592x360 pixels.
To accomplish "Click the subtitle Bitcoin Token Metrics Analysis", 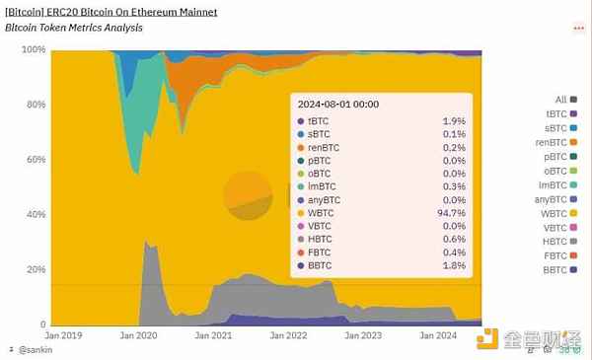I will click(x=74, y=28).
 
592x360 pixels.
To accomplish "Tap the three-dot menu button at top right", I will click(x=579, y=29).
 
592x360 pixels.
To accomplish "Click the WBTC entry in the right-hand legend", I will click(x=555, y=213).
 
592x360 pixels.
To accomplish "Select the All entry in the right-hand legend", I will click(x=561, y=100).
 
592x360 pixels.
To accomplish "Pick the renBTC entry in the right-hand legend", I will click(x=553, y=142).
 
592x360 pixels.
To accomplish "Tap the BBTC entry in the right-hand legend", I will click(x=555, y=270).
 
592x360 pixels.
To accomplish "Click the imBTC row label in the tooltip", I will click(x=323, y=184).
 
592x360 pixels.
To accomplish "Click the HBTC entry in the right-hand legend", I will click(x=555, y=242).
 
